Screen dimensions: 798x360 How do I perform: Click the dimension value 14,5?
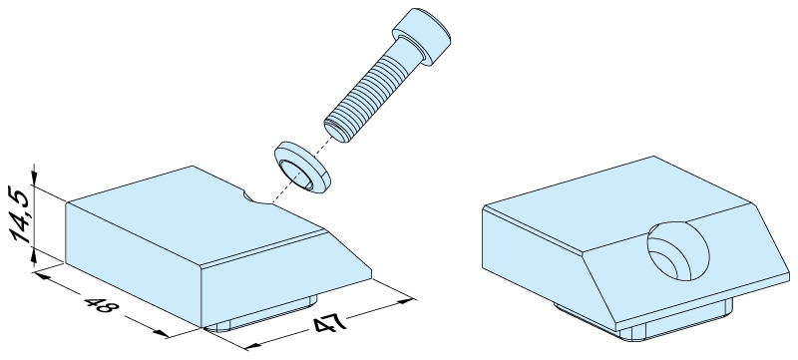tap(20, 213)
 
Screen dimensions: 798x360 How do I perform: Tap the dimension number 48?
tap(102, 305)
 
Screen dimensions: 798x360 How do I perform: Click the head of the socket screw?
tap(422, 36)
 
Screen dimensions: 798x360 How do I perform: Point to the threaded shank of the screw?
tap(367, 94)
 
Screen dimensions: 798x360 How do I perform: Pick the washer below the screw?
tap(302, 168)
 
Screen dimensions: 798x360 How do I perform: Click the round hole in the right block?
tap(678, 250)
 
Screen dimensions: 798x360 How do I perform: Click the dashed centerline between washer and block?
tap(298, 173)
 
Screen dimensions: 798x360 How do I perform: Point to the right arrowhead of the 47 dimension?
tap(406, 301)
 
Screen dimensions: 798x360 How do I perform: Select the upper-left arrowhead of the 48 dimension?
tap(42, 276)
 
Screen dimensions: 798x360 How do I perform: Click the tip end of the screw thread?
tap(337, 132)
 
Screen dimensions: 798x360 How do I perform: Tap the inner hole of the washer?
tap(297, 174)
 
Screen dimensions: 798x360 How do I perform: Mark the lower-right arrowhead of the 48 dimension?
tap(161, 333)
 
